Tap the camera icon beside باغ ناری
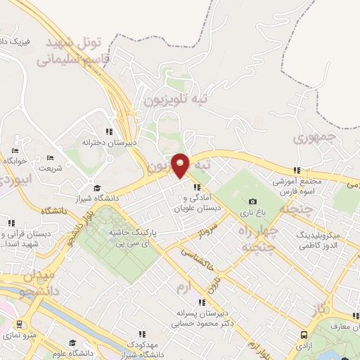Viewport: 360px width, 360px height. [x=252, y=201]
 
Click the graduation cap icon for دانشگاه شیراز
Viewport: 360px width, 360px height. [x=97, y=188]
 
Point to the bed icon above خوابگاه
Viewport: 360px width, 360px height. [x=15, y=150]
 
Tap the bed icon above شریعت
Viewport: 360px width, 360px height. [x=49, y=158]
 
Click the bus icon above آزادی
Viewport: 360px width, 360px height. [x=304, y=335]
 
